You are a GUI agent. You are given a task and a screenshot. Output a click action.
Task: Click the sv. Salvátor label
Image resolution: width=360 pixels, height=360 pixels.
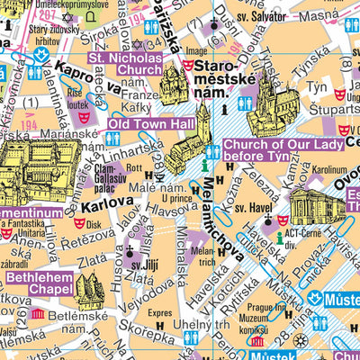coord(289,17)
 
